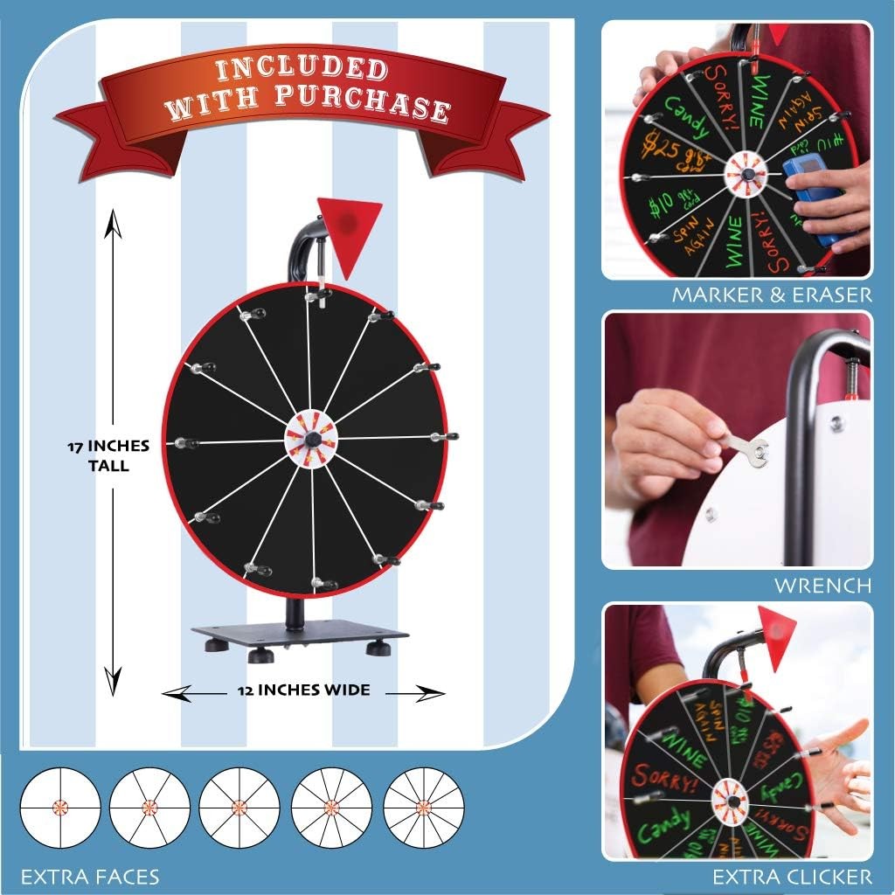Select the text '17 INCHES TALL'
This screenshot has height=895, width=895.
coord(108,455)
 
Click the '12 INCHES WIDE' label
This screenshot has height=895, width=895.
coord(302,690)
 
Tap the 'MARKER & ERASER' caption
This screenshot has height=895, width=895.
coord(772,295)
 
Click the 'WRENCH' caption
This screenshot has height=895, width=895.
coord(822,585)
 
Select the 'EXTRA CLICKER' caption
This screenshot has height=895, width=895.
coord(792,876)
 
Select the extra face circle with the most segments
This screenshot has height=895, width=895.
coord(424,805)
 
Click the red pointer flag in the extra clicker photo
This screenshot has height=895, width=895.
coord(776,625)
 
